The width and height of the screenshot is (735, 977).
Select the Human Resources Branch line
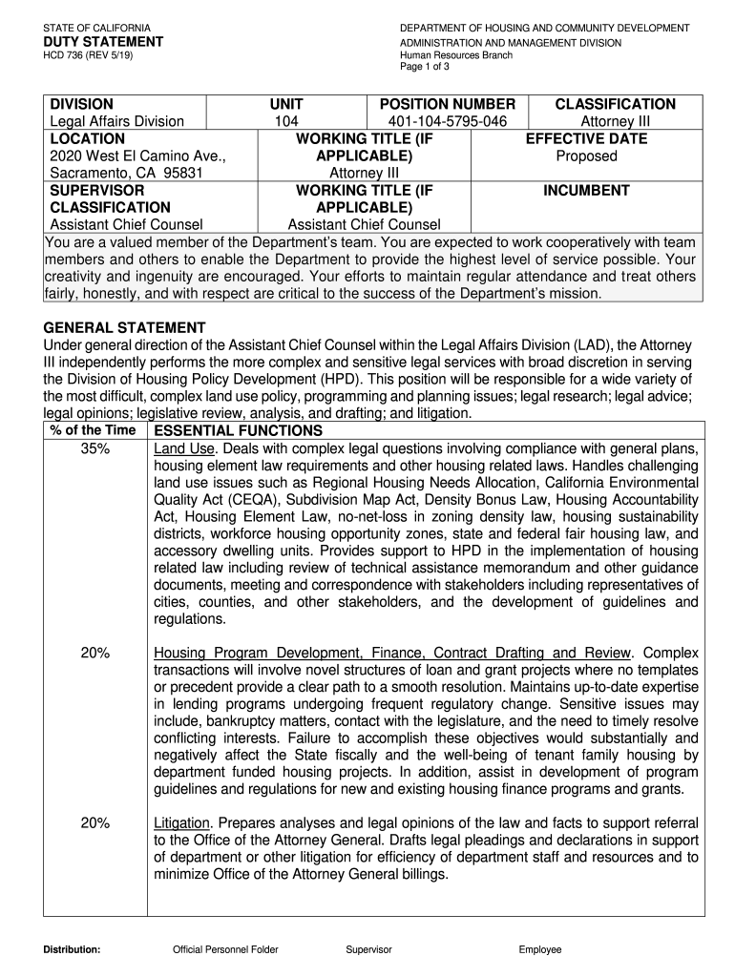pyautogui.click(x=455, y=56)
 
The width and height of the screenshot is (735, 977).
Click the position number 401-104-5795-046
pyautogui.click(x=447, y=121)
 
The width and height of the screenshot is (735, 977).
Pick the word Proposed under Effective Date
pyautogui.click(x=587, y=156)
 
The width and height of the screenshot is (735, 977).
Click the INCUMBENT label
pyautogui.click(x=587, y=190)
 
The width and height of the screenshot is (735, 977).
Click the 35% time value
pyautogui.click(x=95, y=449)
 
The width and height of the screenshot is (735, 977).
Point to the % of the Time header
pyautogui.click(x=95, y=431)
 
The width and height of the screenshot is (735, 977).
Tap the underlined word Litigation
pyautogui.click(x=182, y=822)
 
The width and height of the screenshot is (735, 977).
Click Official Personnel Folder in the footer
pyautogui.click(x=225, y=950)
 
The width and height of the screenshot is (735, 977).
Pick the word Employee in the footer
pyautogui.click(x=540, y=950)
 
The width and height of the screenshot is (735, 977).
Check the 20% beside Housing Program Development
pyautogui.click(x=95, y=653)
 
